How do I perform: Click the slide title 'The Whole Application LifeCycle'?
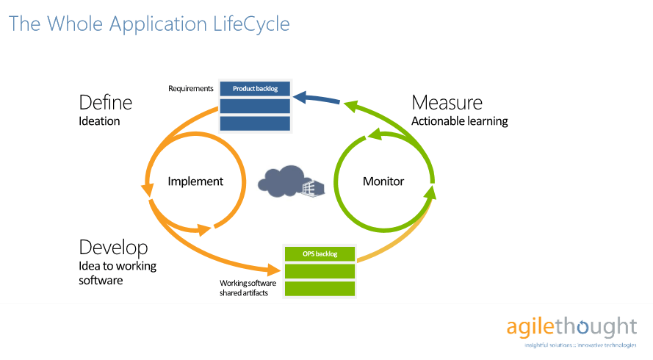tap(149, 24)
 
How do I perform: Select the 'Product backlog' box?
tap(255, 89)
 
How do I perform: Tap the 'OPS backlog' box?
tap(320, 254)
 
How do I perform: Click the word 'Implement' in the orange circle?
tap(195, 181)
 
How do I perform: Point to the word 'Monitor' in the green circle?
tap(383, 181)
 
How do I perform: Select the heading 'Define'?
tap(106, 102)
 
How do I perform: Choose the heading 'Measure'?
tap(447, 102)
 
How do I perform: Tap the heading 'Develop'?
tap(113, 247)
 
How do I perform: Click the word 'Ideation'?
tap(99, 120)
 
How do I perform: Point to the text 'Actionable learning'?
tap(459, 120)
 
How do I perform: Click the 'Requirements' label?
tap(191, 89)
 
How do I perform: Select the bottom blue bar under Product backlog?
tap(255, 123)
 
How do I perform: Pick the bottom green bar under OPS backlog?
tap(320, 289)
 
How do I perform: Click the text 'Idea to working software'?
tap(118, 273)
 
